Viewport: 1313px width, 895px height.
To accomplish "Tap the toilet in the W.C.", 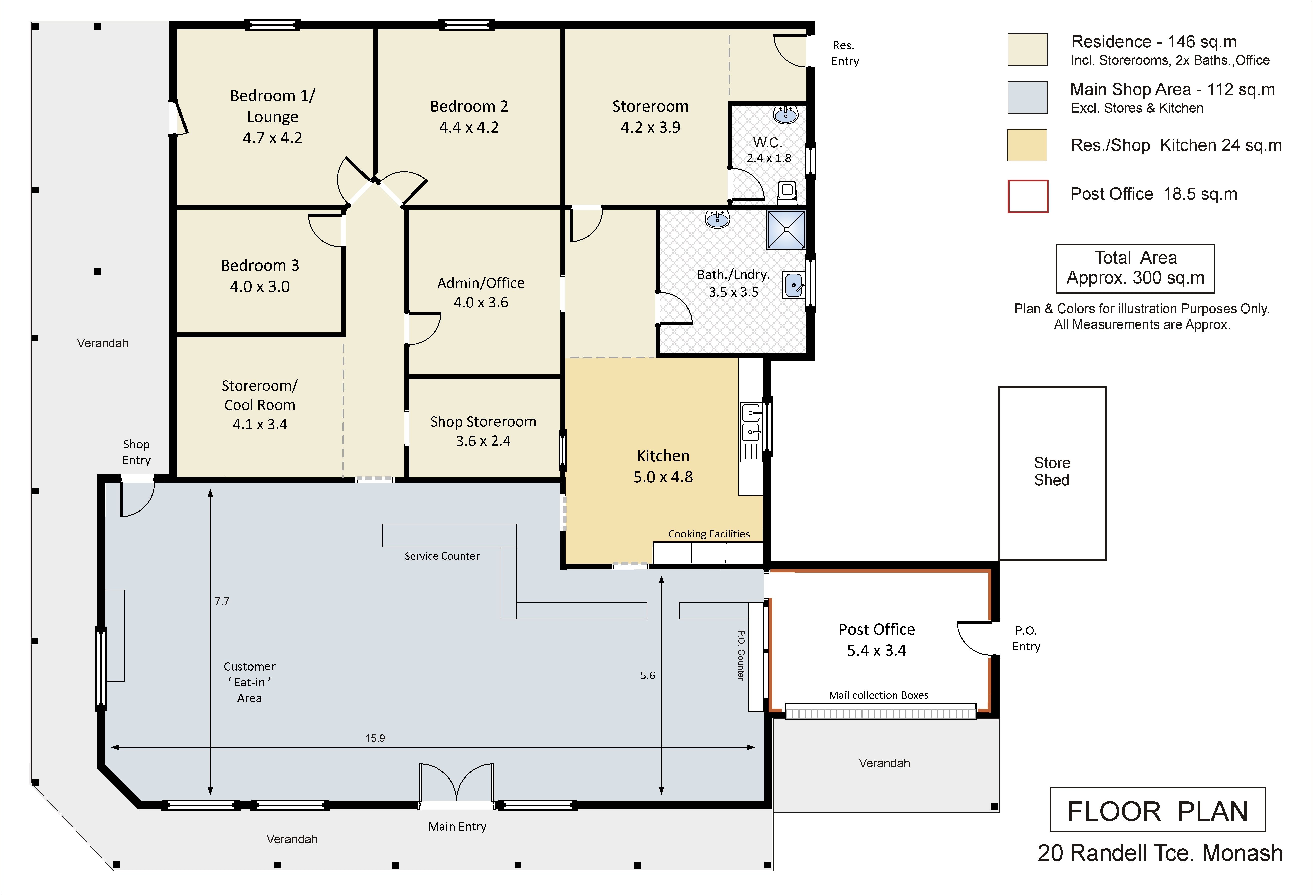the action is coord(787,192).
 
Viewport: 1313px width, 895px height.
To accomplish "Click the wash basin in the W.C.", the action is coord(785,115).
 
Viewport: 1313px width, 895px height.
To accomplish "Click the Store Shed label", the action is coord(1052,471).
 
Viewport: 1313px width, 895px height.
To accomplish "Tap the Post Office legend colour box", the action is coord(1028,196).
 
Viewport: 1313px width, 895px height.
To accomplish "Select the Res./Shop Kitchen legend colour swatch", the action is coord(1027,145).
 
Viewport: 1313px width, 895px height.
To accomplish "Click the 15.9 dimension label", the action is coord(375,738).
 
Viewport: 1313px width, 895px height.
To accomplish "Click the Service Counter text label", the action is coord(442,556).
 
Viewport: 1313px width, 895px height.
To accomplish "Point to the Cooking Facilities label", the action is coord(709,534).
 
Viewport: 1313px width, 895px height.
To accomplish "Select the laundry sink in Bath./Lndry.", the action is coord(794,285).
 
